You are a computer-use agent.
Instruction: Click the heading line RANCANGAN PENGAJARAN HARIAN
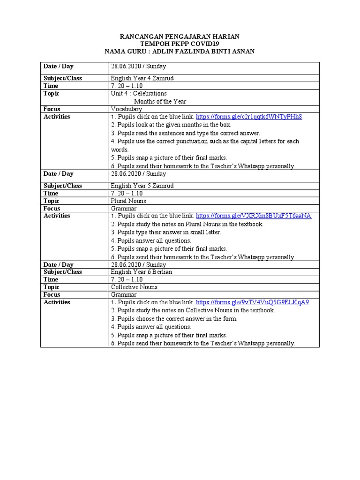click(x=180, y=37)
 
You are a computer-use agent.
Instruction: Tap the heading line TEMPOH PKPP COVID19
click(x=180, y=44)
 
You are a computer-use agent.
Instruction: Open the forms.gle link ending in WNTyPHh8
click(x=248, y=117)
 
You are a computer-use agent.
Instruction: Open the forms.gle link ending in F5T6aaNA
click(x=253, y=216)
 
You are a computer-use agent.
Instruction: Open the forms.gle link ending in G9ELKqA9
click(x=252, y=302)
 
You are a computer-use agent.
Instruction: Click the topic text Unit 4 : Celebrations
click(x=139, y=94)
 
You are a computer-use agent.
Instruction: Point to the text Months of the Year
click(x=159, y=101)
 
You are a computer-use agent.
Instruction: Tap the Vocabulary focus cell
click(x=126, y=109)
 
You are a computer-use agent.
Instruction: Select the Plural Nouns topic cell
click(x=128, y=201)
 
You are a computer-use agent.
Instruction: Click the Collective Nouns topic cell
click(x=134, y=287)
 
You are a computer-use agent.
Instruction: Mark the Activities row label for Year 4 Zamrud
click(x=57, y=117)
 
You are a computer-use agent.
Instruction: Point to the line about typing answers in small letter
click(x=166, y=232)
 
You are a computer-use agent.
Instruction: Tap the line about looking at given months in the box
click(x=171, y=125)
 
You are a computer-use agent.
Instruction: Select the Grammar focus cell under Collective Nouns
click(x=124, y=294)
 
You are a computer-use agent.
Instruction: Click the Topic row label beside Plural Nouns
click(x=52, y=201)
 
